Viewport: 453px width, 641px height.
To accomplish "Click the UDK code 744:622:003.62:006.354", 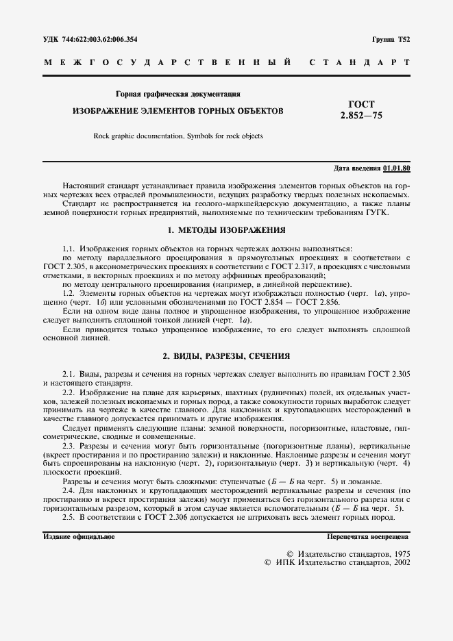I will [101, 40].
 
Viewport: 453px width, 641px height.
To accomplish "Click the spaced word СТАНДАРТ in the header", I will [360, 63].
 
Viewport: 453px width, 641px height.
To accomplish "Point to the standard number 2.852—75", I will [361, 116].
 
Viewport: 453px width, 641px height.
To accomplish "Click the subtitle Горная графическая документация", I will [177, 93].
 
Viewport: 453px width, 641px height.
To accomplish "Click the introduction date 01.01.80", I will [397, 167].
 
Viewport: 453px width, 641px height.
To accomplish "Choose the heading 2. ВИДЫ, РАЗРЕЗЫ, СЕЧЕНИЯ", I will [226, 356].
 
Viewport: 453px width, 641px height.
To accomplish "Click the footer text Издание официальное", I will [79, 536].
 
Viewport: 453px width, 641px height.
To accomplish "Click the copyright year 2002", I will [399, 562].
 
